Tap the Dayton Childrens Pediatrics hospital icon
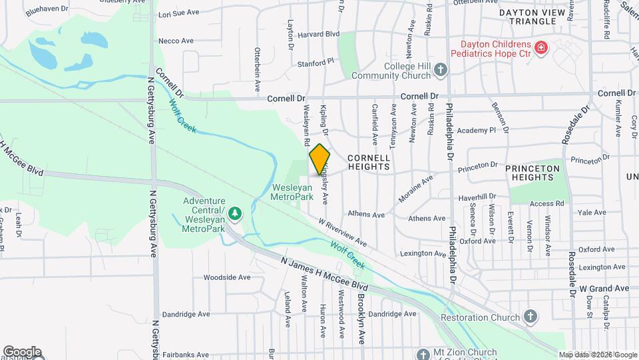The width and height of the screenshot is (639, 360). click(540, 47)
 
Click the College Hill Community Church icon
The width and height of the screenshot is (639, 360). click(439, 69)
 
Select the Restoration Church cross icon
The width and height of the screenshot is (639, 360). click(530, 316)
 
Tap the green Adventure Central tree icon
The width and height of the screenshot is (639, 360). click(234, 213)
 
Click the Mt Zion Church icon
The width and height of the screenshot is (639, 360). click(422, 353)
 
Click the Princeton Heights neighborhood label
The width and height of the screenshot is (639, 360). click(532, 173)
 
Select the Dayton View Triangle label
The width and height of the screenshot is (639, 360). click(536, 17)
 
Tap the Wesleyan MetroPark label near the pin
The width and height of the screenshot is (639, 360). click(292, 192)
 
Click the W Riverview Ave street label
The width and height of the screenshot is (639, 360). click(342, 231)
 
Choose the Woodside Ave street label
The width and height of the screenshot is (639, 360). click(226, 277)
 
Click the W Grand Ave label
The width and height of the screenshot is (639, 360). click(604, 288)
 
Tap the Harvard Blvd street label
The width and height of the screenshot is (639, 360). click(319, 33)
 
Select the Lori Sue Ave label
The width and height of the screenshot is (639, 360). click(178, 13)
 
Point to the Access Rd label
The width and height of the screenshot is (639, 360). click(547, 203)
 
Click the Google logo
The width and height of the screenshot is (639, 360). click(22, 351)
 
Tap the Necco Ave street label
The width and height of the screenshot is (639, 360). click(177, 41)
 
